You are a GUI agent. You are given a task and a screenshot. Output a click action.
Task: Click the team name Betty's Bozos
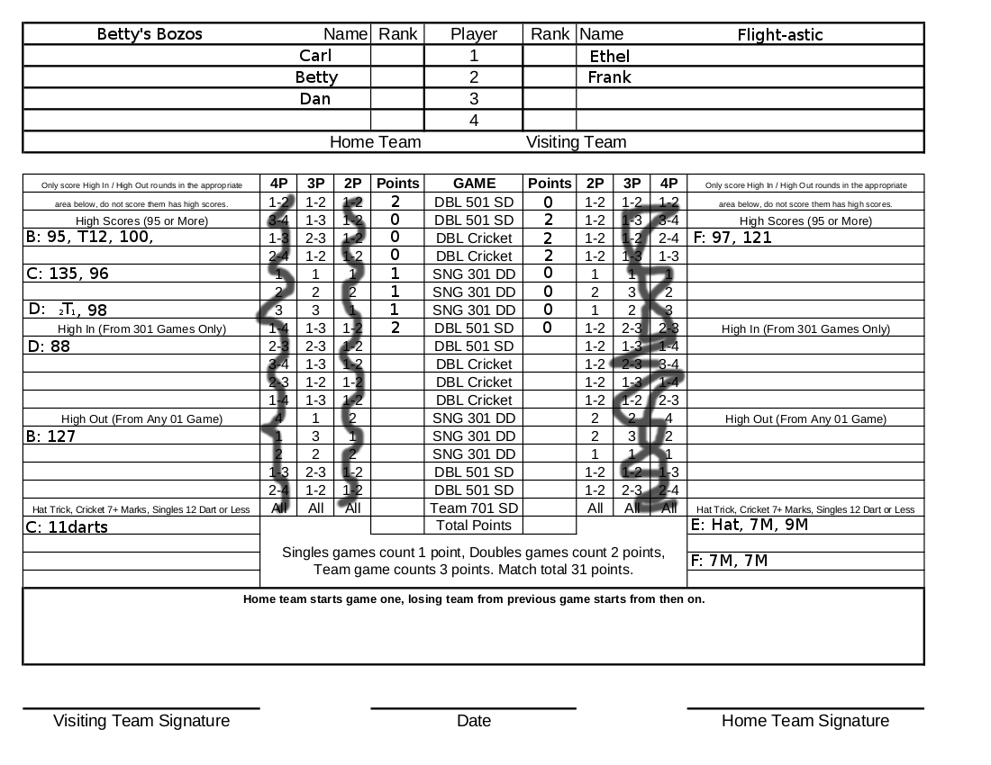(150, 34)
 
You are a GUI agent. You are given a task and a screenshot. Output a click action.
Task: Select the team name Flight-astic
(780, 35)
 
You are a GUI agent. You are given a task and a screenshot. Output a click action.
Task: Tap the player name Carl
(315, 56)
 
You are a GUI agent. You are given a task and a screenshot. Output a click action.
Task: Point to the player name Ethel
(610, 57)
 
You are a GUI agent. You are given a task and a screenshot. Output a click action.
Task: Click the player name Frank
(609, 77)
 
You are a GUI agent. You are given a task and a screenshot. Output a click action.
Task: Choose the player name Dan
(315, 99)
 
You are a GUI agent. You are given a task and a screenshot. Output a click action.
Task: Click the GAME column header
(474, 183)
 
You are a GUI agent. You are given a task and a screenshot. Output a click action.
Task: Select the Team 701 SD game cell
(474, 508)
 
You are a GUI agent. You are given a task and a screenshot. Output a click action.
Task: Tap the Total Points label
(474, 525)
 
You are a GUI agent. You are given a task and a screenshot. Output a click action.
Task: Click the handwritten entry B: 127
(51, 436)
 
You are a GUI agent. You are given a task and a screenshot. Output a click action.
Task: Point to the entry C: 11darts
(67, 527)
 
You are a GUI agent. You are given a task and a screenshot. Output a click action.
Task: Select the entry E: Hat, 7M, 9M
(750, 525)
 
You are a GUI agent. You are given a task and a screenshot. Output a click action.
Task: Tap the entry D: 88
(49, 346)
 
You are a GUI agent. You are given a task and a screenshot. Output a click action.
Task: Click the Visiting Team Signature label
(141, 720)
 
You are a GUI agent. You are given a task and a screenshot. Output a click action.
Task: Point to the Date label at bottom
(474, 720)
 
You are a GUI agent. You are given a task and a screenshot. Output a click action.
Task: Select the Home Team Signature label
(805, 720)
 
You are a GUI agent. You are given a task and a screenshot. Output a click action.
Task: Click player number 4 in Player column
(474, 121)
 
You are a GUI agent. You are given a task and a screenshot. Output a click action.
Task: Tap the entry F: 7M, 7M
(730, 561)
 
